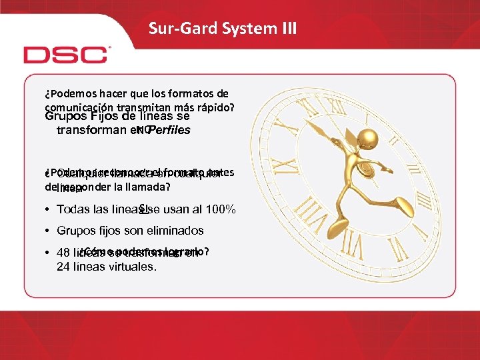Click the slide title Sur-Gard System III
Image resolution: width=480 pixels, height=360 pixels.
(x=223, y=28)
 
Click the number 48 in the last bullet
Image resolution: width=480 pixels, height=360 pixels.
(x=63, y=253)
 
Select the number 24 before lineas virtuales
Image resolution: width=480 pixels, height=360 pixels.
(x=63, y=267)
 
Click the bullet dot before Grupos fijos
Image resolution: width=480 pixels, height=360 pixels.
(x=49, y=231)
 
